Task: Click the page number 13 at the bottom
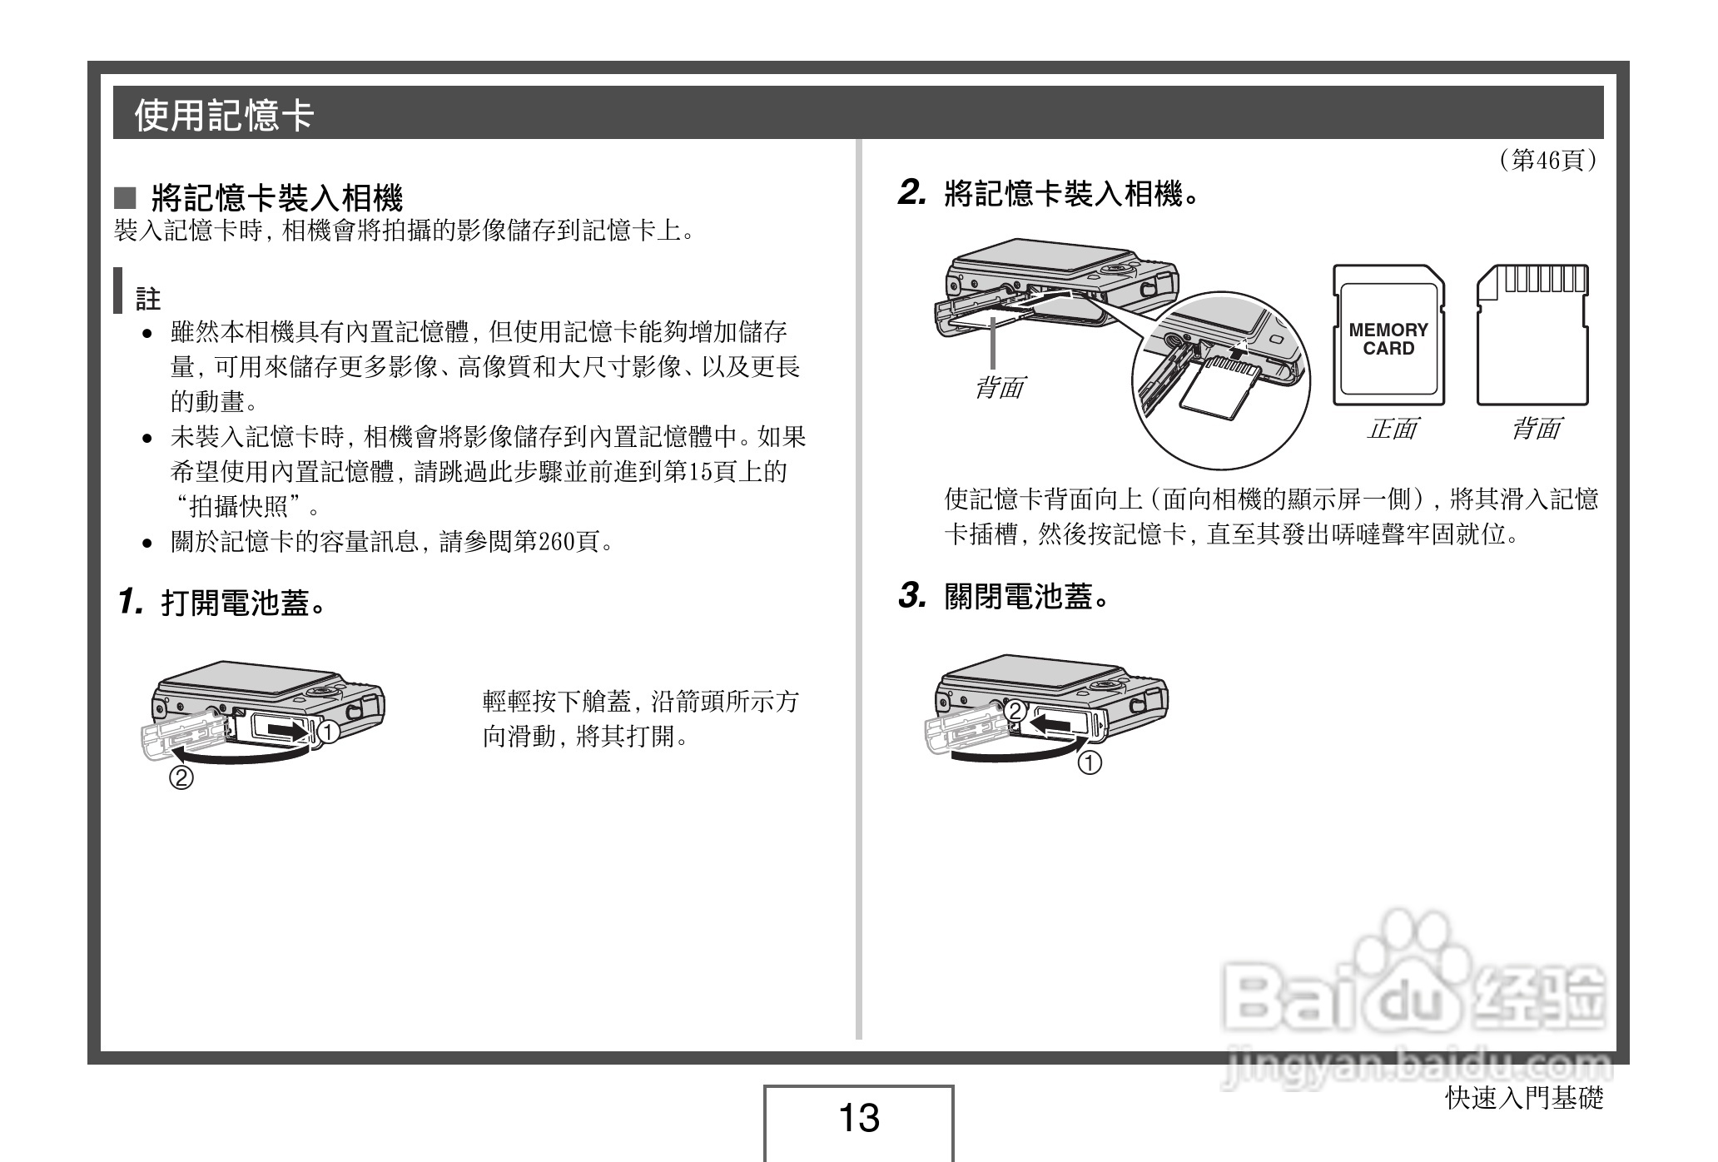click(858, 1118)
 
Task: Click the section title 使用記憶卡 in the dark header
click(224, 114)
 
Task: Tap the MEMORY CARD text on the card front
click(1388, 340)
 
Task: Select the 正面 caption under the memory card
click(1392, 430)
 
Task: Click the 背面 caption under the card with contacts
click(1536, 430)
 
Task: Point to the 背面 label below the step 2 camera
click(999, 387)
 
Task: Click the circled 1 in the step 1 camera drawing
click(328, 732)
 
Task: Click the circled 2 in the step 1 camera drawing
click(181, 778)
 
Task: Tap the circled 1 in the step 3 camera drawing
click(1090, 762)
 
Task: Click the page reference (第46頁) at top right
click(1547, 160)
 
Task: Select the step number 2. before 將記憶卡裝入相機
click(911, 194)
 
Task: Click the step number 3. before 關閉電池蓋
click(911, 596)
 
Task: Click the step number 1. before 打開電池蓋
click(131, 601)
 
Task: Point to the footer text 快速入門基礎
click(1523, 1099)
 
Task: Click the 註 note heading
click(148, 299)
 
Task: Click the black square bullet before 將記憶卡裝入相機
click(125, 197)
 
